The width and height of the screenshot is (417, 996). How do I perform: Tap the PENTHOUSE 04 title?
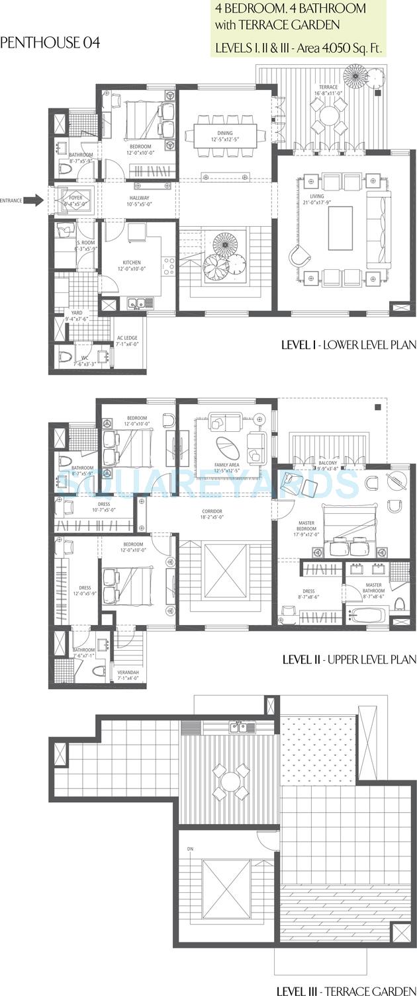[x=50, y=43]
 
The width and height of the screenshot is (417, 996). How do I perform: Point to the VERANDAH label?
[x=128, y=675]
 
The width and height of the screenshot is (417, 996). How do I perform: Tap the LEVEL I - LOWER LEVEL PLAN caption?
[x=349, y=345]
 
